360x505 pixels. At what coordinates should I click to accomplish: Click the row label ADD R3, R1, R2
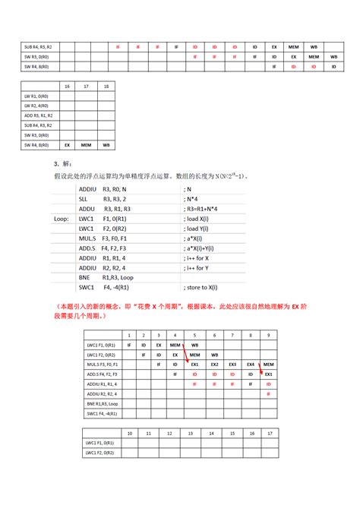click(x=37, y=116)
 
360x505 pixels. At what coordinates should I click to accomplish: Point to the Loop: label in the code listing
click(x=62, y=218)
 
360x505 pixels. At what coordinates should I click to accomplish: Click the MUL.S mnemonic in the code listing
click(x=89, y=238)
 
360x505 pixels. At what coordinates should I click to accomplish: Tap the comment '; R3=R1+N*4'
click(x=206, y=208)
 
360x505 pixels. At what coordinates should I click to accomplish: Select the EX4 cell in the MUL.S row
click(x=251, y=365)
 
